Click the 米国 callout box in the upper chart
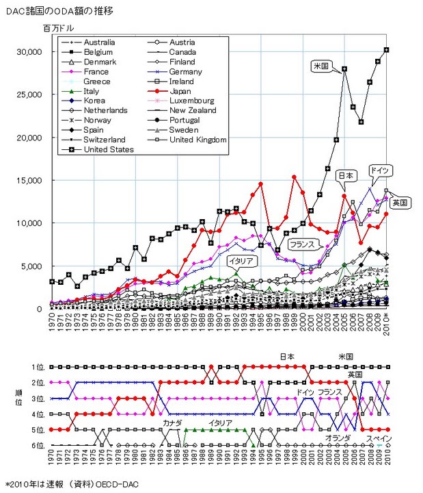(x=320, y=66)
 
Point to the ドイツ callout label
(x=379, y=169)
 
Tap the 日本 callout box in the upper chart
(x=346, y=176)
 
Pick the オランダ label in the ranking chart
(x=338, y=438)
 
